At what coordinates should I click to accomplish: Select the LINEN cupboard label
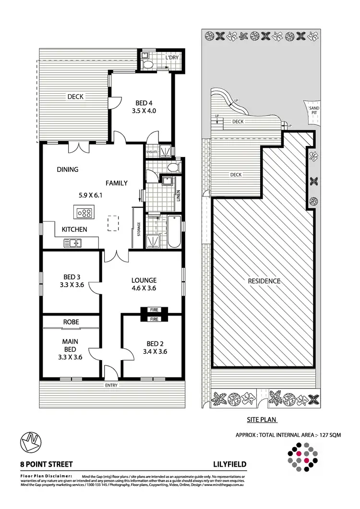click(x=178, y=195)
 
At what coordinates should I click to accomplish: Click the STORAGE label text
click(x=139, y=229)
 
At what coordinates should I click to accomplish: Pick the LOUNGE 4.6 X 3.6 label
click(x=144, y=284)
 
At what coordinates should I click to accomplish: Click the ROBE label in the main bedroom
click(x=71, y=321)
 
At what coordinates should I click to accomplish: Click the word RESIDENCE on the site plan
click(x=264, y=281)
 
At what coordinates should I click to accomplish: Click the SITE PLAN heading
click(x=262, y=419)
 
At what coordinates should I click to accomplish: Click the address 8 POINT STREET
click(x=47, y=464)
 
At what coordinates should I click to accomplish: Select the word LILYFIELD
click(x=230, y=464)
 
